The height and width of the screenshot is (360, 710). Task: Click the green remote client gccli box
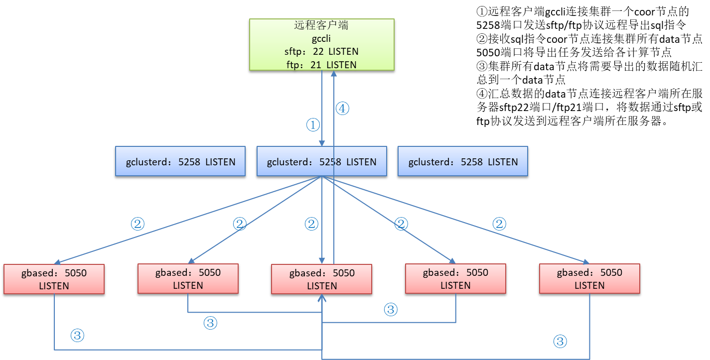tap(322, 44)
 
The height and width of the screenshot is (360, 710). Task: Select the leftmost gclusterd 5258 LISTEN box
tap(180, 161)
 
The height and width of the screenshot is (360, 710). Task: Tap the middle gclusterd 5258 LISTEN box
tap(322, 161)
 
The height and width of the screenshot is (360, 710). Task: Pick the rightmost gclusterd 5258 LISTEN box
tap(463, 161)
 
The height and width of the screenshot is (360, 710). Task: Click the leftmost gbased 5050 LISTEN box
tap(54, 279)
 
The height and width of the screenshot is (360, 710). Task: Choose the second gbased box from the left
tap(188, 279)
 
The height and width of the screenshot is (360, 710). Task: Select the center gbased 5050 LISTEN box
tap(322, 279)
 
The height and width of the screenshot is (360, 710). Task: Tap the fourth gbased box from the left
tap(455, 279)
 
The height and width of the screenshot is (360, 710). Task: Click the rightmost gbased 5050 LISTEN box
tap(589, 279)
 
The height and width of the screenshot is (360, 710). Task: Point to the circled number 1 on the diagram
tap(313, 125)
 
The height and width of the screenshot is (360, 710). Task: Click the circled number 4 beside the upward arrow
tap(342, 109)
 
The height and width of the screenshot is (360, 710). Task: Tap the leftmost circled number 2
tap(138, 224)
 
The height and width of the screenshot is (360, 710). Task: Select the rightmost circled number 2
tap(499, 224)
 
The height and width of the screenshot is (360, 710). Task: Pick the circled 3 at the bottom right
tap(560, 341)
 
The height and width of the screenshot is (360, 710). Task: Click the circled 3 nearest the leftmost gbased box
tap(77, 335)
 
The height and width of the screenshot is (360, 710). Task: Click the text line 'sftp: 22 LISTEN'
tap(321, 51)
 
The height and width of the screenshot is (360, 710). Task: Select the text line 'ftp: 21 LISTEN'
tap(321, 65)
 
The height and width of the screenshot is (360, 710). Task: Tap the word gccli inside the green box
tap(321, 38)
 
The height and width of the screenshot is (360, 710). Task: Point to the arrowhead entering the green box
tap(333, 74)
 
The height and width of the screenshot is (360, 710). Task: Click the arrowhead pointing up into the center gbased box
tap(322, 298)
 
